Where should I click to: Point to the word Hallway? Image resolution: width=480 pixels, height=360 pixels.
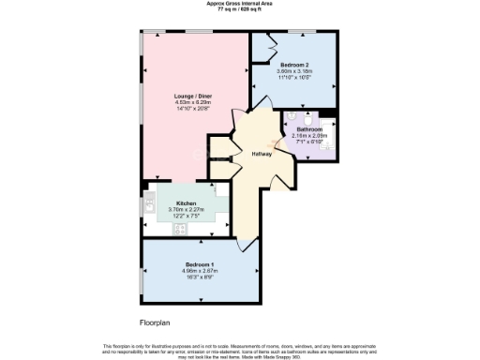pyautogui.click(x=262, y=154)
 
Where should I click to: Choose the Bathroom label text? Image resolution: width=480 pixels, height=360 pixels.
pyautogui.click(x=309, y=129)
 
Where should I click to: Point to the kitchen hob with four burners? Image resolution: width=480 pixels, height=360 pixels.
pyautogui.click(x=178, y=227)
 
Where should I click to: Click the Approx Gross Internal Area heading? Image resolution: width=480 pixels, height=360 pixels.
pyautogui.click(x=240, y=4)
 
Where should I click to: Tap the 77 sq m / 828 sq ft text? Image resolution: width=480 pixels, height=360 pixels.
pyautogui.click(x=240, y=9)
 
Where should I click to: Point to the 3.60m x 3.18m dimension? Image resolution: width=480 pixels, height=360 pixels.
pyautogui.click(x=294, y=71)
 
